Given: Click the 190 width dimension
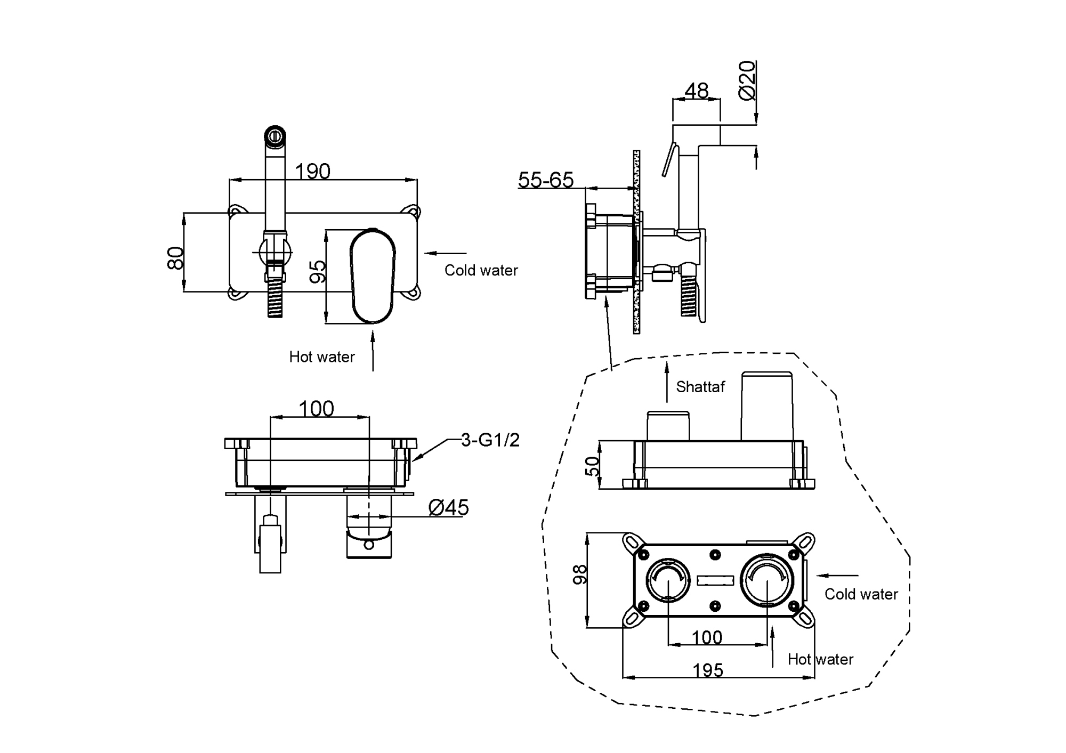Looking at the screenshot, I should [x=312, y=172].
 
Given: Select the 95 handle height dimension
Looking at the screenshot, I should [x=318, y=271].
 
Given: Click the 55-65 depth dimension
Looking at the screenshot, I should [x=546, y=180].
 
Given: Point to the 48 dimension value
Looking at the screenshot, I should [x=696, y=91].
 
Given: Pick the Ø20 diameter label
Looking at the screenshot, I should [x=747, y=80].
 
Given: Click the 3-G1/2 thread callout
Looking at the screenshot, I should [x=490, y=440].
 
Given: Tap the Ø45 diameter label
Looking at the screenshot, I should [x=448, y=508].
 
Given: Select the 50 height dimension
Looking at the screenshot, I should [x=592, y=466].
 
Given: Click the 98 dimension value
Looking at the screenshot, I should [x=579, y=574].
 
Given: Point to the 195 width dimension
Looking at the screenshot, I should [x=708, y=670].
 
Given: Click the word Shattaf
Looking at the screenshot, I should [x=700, y=387].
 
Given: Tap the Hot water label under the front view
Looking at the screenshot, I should [x=321, y=357].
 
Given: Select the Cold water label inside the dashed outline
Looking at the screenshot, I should [x=861, y=594].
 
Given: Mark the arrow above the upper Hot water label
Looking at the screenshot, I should [x=373, y=350].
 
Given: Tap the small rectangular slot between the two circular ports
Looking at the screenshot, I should [x=716, y=580].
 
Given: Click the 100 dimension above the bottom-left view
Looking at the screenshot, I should [x=316, y=409].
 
